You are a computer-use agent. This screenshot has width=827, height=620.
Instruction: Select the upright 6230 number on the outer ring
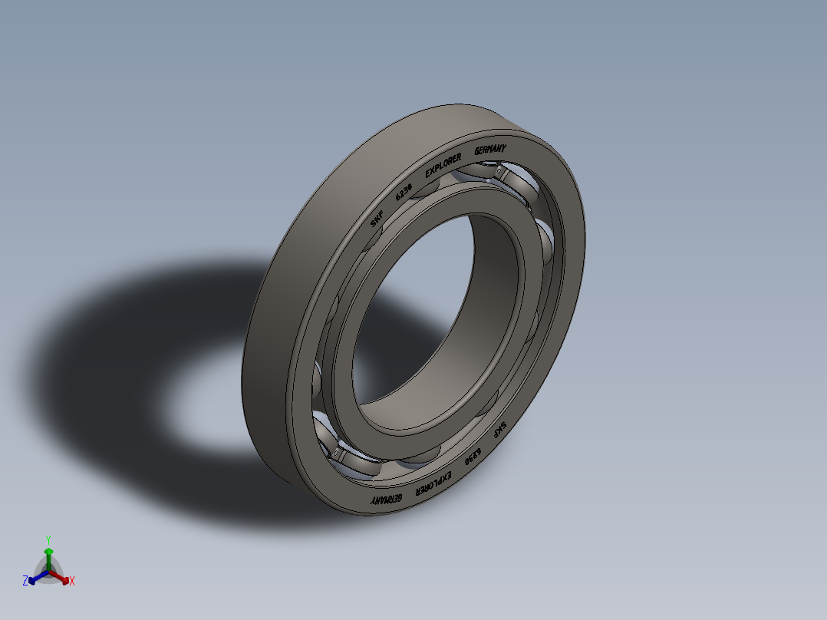(404, 191)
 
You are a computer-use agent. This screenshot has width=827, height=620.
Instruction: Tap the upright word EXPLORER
(443, 164)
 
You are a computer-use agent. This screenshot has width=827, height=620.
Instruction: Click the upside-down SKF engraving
(499, 430)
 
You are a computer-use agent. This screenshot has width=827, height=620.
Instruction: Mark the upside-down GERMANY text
(386, 500)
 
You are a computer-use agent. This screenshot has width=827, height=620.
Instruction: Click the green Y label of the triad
(48, 539)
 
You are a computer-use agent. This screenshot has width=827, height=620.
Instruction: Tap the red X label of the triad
(72, 582)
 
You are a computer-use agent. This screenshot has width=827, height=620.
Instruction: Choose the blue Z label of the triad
(25, 582)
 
